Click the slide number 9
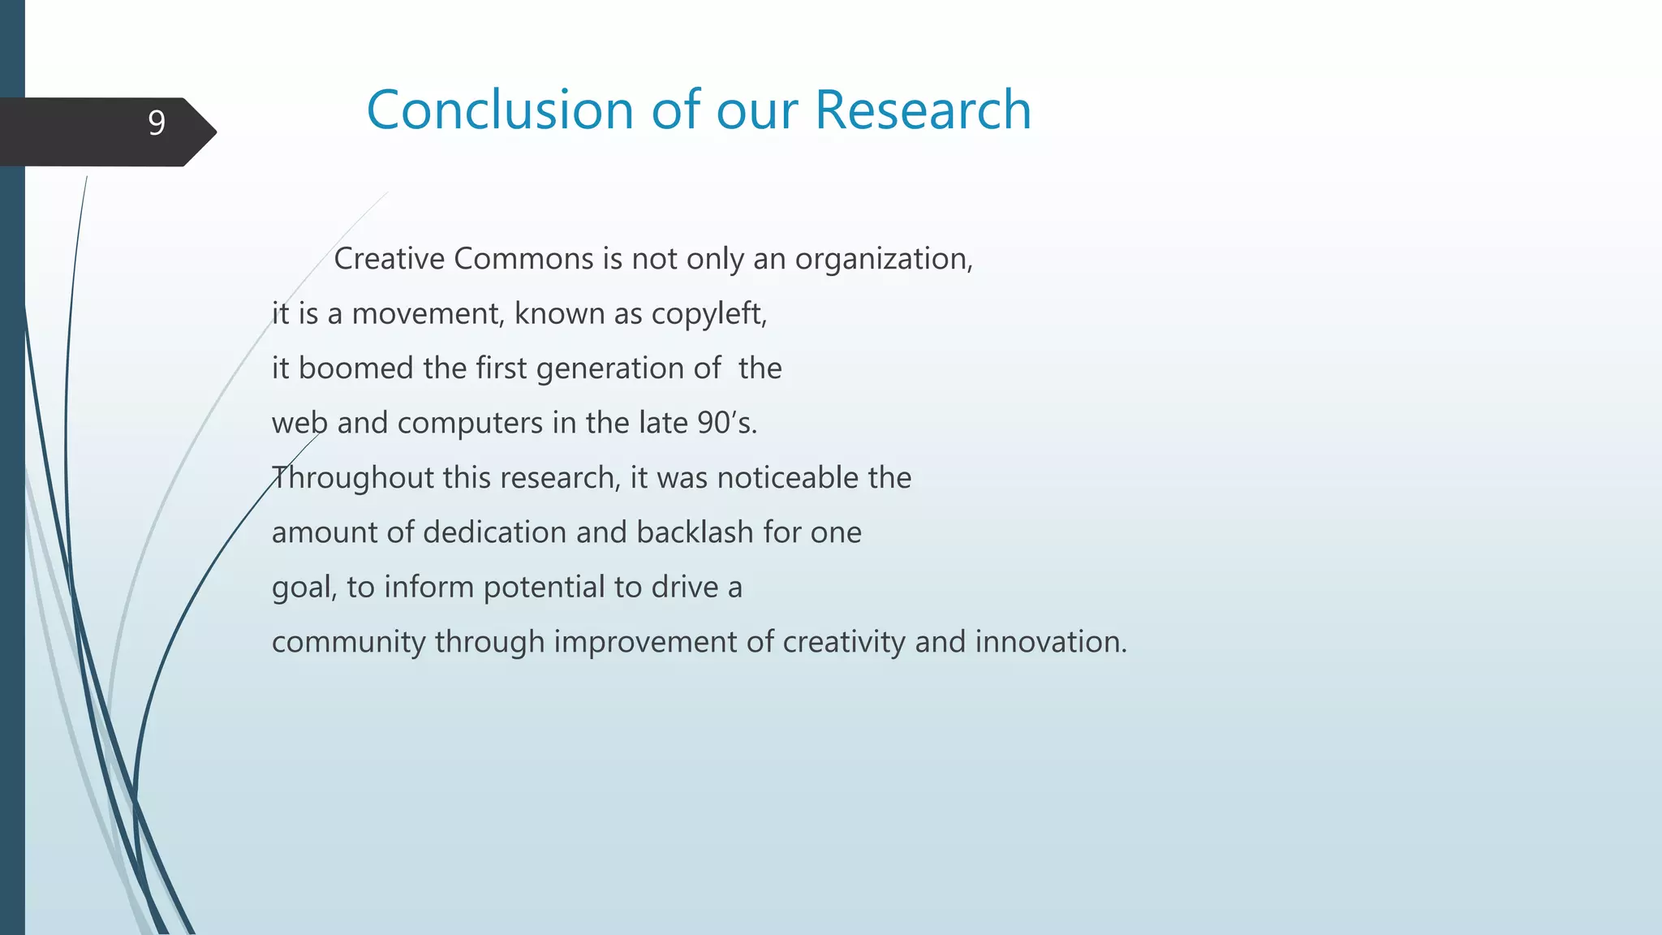coord(157,123)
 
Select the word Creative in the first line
coord(389,259)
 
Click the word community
coord(348,642)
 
